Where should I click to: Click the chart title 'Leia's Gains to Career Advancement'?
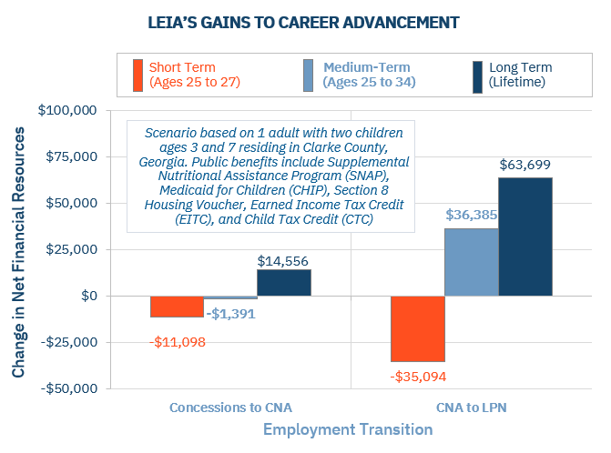(305, 19)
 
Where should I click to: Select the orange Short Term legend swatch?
(137, 75)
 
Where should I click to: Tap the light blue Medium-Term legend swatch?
(307, 75)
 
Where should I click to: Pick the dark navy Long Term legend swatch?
(477, 75)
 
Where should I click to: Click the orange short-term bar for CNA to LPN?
(418, 328)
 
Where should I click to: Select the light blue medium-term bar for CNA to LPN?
(471, 262)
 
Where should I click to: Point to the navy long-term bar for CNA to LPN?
(524, 237)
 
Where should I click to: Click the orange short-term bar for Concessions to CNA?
(177, 307)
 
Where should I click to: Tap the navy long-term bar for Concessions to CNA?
(283, 283)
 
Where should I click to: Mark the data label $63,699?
(525, 166)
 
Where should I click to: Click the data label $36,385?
(471, 216)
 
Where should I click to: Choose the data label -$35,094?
(419, 375)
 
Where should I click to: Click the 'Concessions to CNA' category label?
(230, 408)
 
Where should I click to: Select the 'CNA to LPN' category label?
(471, 408)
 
